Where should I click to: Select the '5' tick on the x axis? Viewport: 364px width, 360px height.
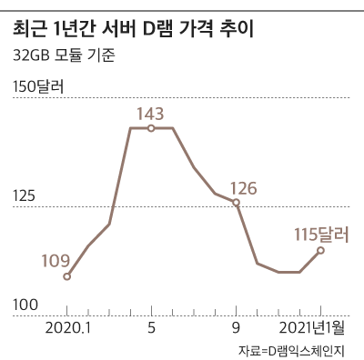coord(151,326)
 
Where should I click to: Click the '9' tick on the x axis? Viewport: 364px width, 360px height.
coord(237,326)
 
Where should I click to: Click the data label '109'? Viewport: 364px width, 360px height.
coord(56,261)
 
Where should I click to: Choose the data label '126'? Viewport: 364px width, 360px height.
coord(243,188)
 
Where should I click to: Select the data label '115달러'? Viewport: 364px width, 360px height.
coord(321,234)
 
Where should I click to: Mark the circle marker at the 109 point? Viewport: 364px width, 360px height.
coord(67,276)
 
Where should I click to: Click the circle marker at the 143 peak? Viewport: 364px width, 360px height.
coord(151,128)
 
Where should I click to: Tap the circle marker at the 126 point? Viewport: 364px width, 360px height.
coord(237,204)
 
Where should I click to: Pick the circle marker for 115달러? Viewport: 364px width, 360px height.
coord(320,250)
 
